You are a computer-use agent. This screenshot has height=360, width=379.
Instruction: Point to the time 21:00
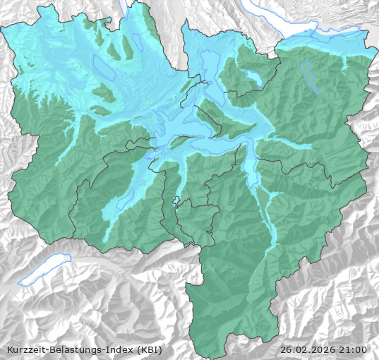[x=354, y=349]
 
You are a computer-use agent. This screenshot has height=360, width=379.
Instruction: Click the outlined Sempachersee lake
[x=103, y=68]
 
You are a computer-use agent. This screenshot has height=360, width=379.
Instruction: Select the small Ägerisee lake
[x=251, y=76]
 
